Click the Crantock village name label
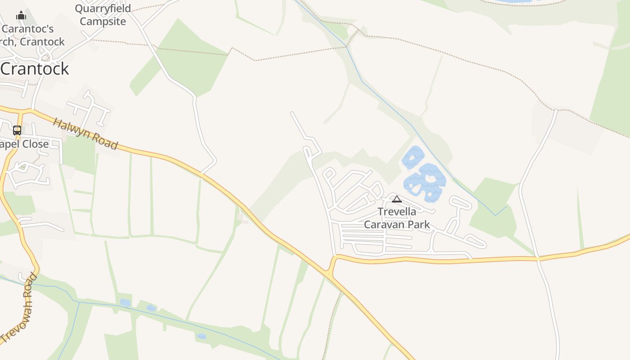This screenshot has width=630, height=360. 35,68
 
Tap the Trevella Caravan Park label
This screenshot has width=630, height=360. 397,218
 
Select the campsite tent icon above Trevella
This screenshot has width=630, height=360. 396,199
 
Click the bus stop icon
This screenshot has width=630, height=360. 17,130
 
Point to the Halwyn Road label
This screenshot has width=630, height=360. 85,134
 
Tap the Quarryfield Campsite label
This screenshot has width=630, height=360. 103,15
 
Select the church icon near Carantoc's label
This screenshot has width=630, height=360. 21,16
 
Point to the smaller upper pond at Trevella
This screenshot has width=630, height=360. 413,157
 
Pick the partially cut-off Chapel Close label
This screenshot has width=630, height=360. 24,144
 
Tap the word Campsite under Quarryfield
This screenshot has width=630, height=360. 103,21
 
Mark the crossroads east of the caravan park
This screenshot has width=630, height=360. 538,259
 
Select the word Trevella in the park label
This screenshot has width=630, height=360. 397,211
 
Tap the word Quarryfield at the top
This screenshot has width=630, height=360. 103,9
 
